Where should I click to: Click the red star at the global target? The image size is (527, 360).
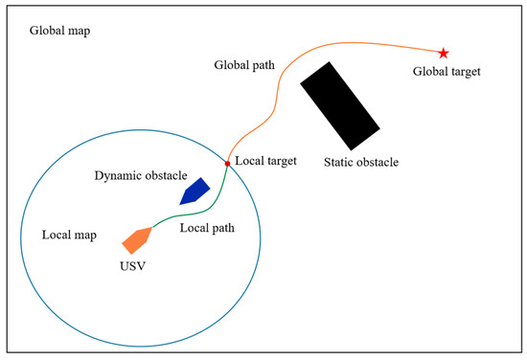click(x=444, y=52)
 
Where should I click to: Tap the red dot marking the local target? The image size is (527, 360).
click(x=227, y=164)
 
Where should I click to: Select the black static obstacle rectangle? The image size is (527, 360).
click(x=339, y=105)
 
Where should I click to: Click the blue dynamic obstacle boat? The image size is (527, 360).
click(x=195, y=191)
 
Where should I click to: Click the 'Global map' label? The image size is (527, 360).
click(x=59, y=30)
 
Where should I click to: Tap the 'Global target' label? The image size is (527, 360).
click(x=446, y=72)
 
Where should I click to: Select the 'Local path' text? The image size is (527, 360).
click(x=206, y=229)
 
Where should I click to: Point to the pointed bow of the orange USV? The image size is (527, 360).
click(x=149, y=230)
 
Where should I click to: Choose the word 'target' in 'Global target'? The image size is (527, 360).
click(x=464, y=72)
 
